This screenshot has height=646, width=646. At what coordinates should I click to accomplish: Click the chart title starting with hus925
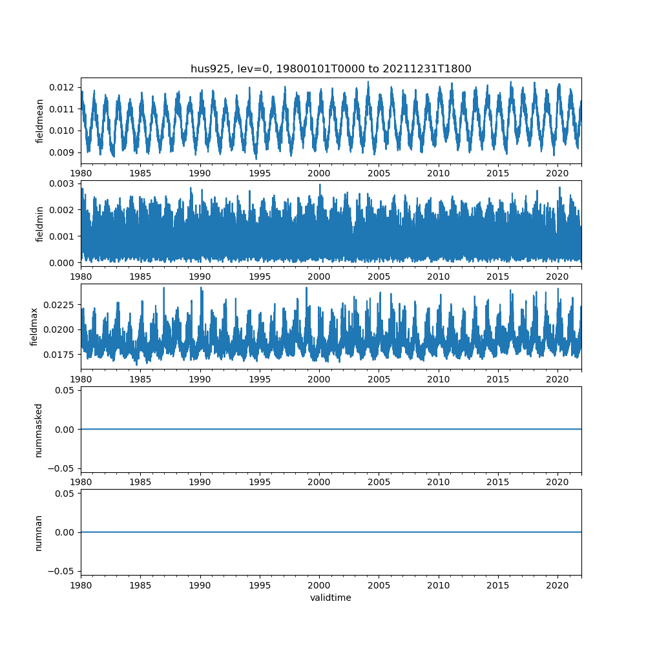(331, 68)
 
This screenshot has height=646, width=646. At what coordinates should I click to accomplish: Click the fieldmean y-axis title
(40, 121)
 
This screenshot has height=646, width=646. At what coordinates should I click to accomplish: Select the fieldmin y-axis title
(40, 224)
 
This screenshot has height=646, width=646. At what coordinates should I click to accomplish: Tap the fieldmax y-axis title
(35, 326)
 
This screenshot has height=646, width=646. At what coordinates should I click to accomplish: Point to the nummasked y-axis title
(39, 429)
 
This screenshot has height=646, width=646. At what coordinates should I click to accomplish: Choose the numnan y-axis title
(39, 532)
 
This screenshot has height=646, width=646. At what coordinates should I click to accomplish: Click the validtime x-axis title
(331, 598)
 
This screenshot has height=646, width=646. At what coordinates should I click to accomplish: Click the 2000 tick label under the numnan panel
(319, 585)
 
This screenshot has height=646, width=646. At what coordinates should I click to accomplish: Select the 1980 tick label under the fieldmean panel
(81, 173)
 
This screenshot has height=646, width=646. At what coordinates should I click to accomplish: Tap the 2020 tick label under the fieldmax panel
(557, 379)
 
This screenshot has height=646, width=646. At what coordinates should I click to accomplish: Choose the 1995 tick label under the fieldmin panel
(260, 276)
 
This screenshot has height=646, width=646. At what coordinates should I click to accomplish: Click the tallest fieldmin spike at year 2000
(319, 185)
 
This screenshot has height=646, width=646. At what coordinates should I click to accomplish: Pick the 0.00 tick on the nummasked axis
(65, 429)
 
